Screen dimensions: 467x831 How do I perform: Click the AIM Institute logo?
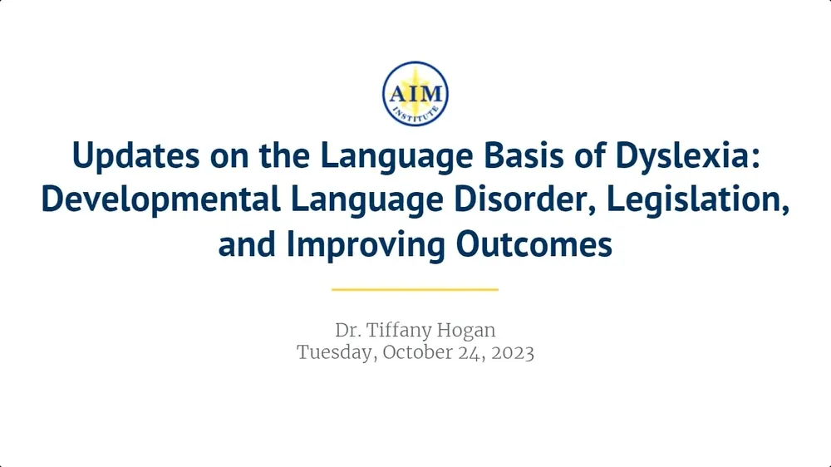(415, 94)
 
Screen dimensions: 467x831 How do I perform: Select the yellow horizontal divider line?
(415, 290)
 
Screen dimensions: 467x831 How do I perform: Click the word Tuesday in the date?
(335, 351)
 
